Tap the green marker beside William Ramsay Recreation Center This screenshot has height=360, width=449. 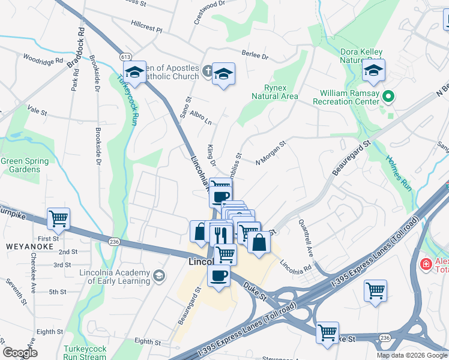[388, 95]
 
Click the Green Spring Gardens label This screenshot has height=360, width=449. [20, 165]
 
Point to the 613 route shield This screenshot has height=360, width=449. [125, 56]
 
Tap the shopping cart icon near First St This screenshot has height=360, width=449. [59, 219]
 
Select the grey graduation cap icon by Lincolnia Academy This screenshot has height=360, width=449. [158, 275]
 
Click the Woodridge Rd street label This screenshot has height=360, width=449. [43, 59]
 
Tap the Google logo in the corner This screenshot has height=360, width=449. [20, 353]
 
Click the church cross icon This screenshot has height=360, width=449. [206, 71]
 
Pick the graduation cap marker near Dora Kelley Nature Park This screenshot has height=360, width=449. [373, 71]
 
